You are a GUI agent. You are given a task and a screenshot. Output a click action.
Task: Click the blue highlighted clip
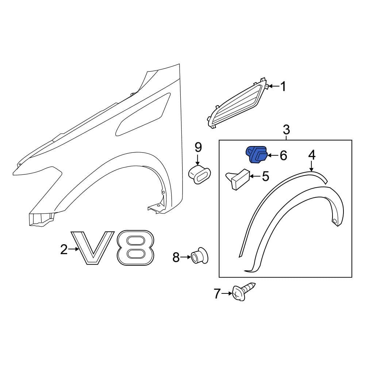(257, 154)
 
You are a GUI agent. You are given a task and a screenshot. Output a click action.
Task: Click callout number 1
(283, 87)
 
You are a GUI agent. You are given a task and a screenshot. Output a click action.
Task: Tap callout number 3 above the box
(286, 130)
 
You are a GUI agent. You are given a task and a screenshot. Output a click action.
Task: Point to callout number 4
(312, 155)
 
